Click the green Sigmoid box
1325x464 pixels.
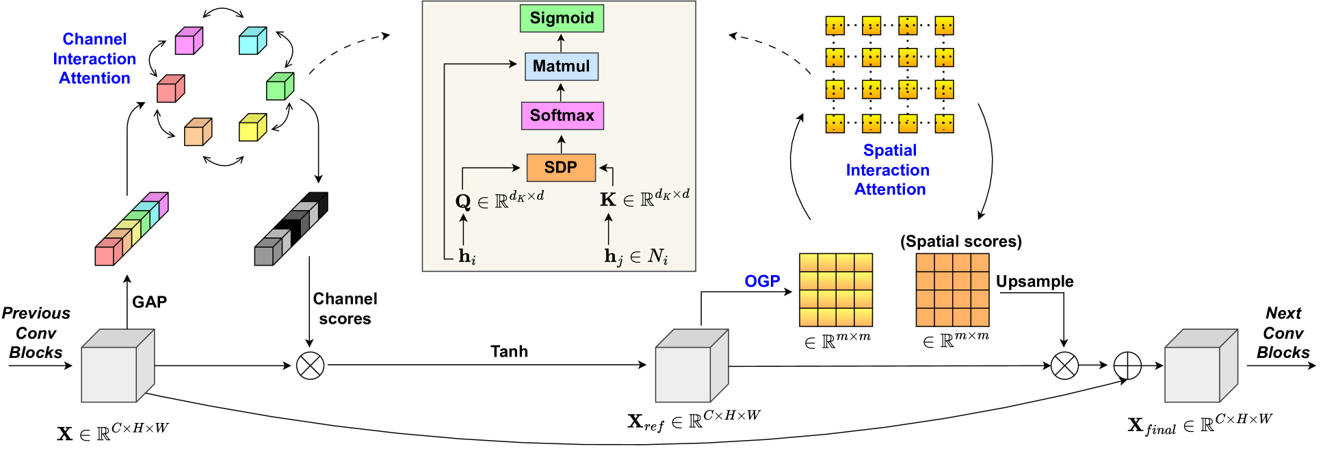562,18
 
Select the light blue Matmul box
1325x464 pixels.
562,66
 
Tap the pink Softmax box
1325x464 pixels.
562,116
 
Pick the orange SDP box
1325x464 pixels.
561,168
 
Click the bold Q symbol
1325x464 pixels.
463,201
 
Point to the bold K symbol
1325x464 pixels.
607,200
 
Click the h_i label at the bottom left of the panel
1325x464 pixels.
467,257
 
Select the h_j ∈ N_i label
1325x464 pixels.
635,257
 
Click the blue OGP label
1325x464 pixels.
762,281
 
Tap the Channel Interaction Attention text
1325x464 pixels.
94,59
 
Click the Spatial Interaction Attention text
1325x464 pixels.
888,170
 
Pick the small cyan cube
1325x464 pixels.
252,41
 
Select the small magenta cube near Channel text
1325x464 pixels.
188,41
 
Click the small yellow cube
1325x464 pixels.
252,127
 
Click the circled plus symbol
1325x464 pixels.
1127,365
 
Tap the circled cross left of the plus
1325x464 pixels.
1064,365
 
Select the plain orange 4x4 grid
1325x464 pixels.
952,289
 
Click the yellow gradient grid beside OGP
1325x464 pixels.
836,289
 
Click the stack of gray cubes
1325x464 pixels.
291,229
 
